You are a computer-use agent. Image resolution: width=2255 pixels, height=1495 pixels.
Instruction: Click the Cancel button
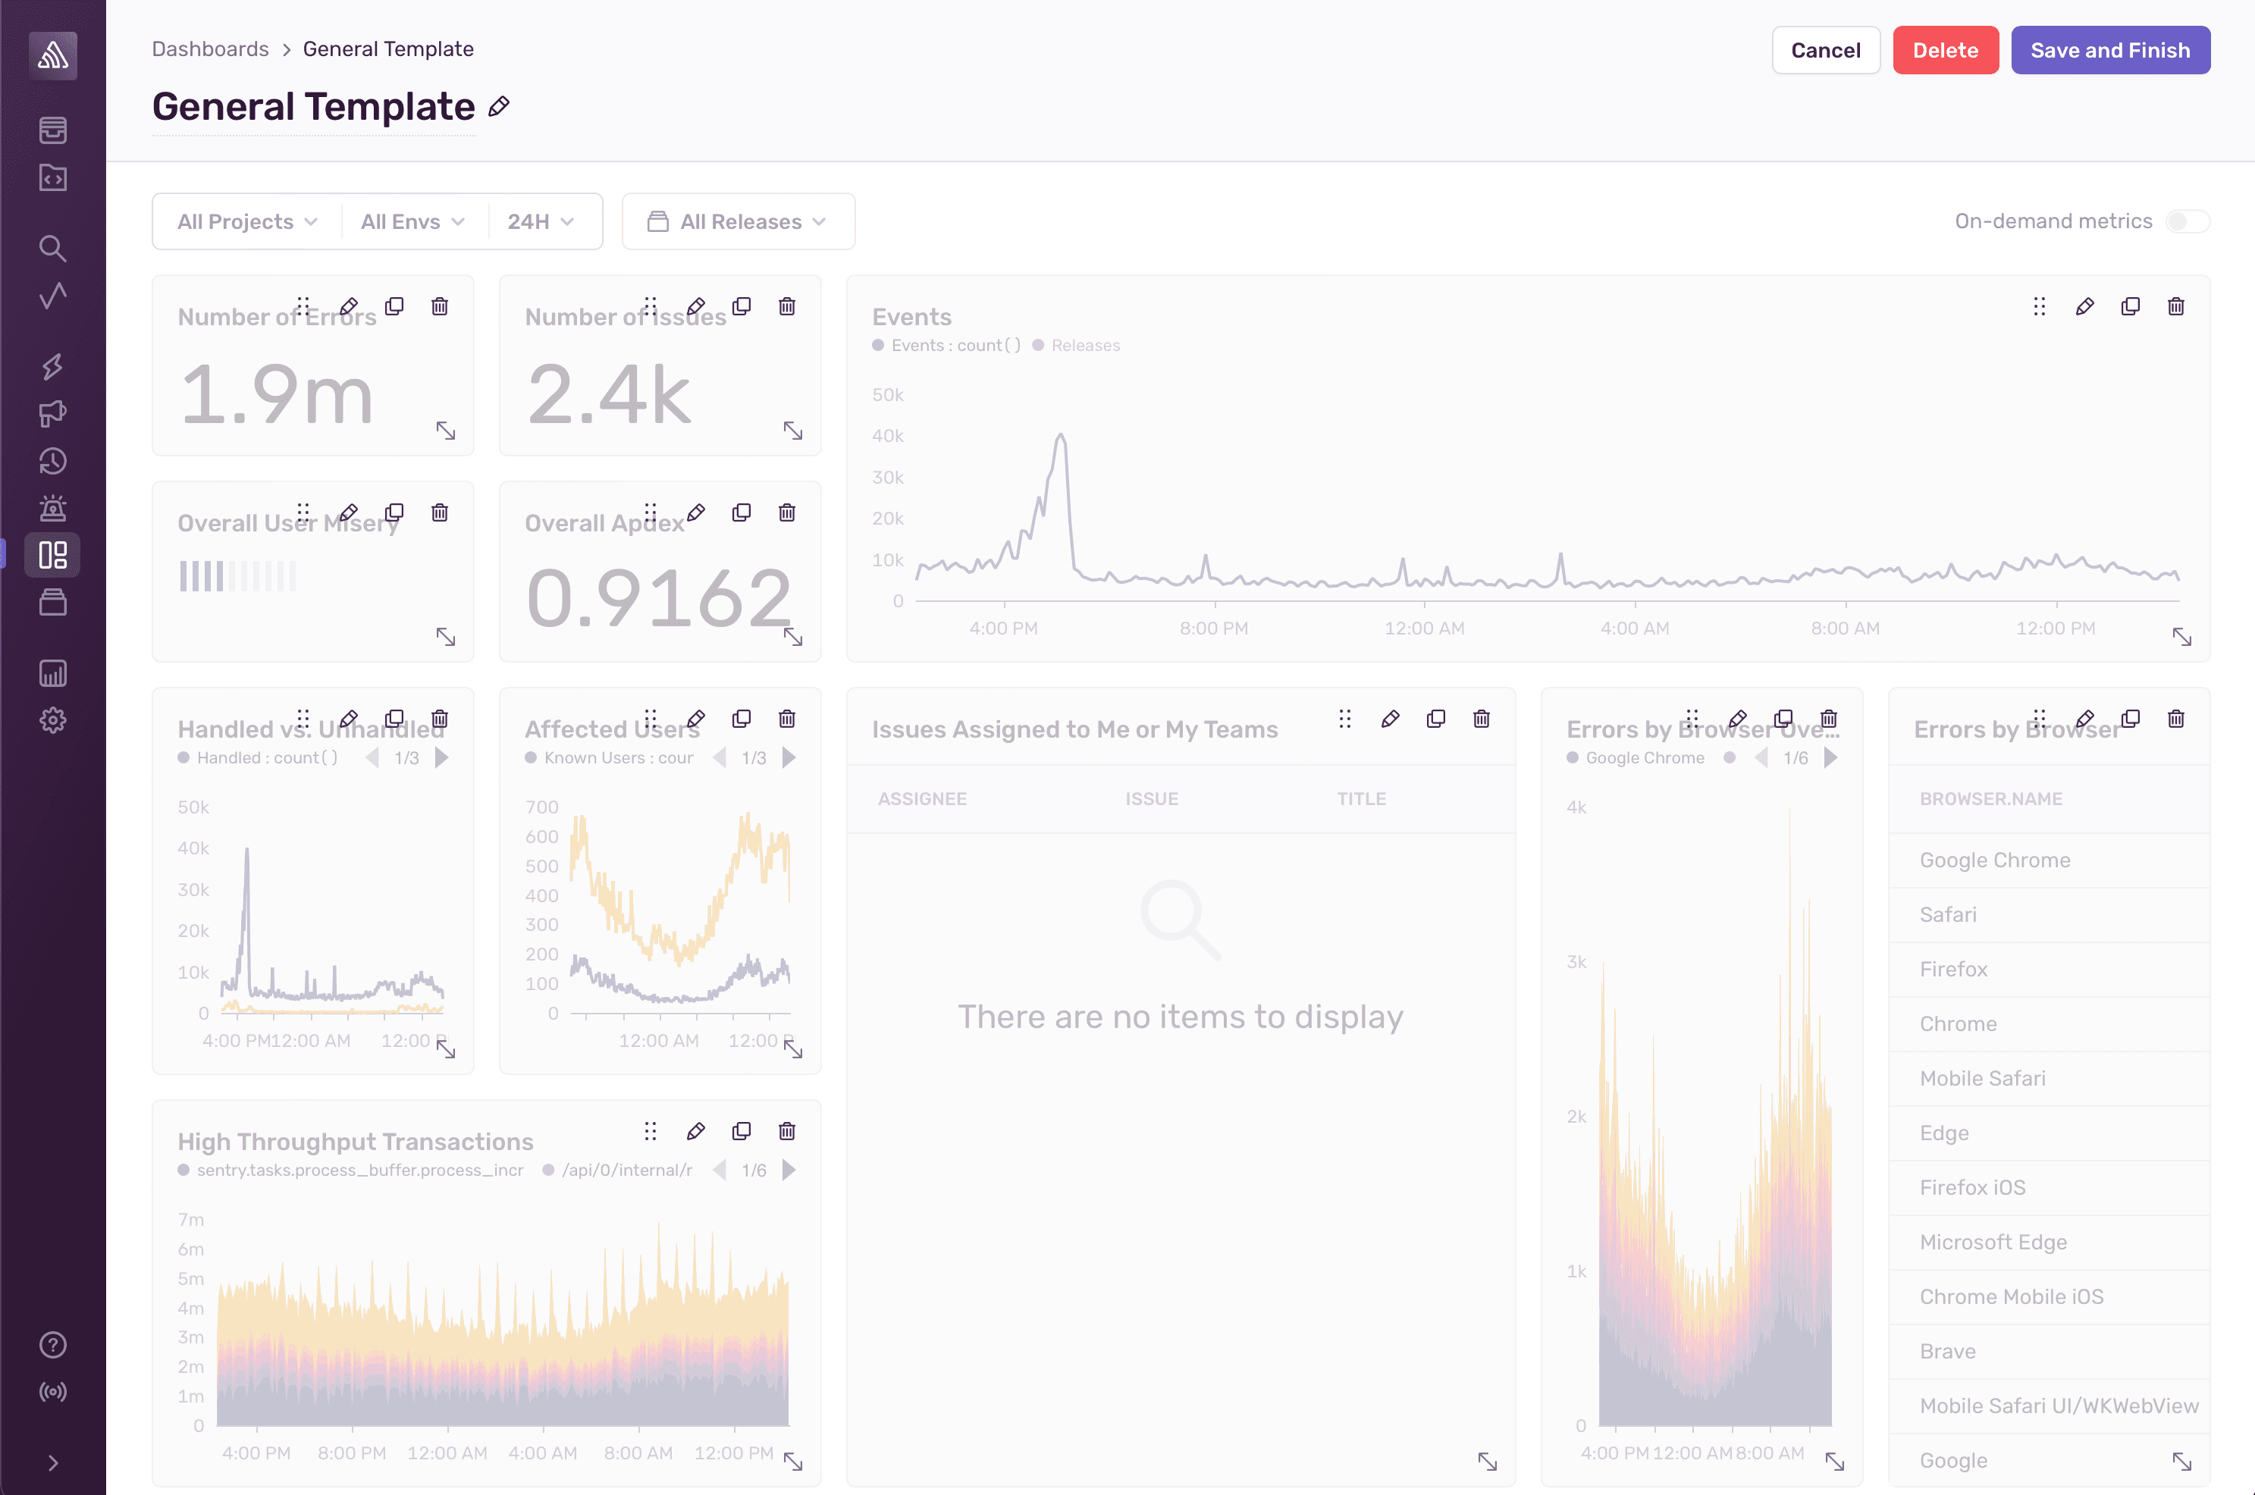click(x=1825, y=51)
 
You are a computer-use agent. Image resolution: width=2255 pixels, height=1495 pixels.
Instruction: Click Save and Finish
click(x=2109, y=51)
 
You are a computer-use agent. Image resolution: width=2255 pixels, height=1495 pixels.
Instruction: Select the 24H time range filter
click(x=540, y=222)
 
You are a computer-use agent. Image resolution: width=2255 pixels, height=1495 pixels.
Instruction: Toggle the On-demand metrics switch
click(x=2185, y=221)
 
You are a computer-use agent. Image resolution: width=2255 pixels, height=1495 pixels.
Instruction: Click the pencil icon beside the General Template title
click(x=499, y=107)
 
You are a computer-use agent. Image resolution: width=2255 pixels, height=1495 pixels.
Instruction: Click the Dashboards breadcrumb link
click(x=210, y=49)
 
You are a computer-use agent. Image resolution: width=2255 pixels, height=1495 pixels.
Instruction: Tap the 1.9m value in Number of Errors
click(x=277, y=395)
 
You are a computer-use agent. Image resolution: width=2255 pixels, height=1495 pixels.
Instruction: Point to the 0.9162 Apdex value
click(x=658, y=599)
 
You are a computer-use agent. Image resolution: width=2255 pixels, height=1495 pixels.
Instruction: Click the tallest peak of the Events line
click(x=1060, y=437)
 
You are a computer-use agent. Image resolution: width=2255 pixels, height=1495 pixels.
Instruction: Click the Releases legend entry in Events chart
click(x=1085, y=345)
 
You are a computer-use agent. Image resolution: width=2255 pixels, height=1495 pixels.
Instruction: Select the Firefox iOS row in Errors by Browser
click(x=1972, y=1187)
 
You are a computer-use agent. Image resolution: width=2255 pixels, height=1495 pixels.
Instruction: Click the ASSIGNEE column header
click(x=922, y=799)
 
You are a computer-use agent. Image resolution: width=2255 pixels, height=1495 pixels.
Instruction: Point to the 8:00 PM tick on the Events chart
click(x=1214, y=628)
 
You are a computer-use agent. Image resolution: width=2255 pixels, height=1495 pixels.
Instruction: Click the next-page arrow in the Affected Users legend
click(x=789, y=758)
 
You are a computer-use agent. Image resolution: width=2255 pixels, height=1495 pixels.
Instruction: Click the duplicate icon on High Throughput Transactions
click(x=741, y=1131)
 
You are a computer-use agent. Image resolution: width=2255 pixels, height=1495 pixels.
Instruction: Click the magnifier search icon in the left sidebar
click(x=52, y=249)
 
